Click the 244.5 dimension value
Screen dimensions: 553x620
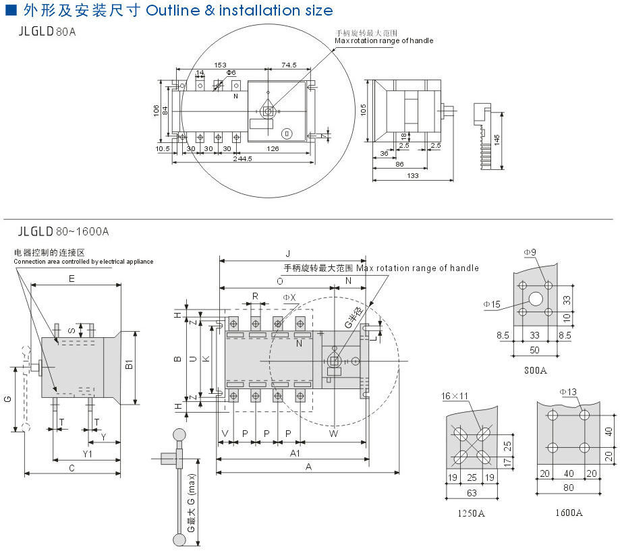coord(242,159)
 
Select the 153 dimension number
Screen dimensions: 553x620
coord(220,65)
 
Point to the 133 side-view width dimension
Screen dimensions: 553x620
coord(413,176)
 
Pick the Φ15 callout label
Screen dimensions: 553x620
coord(491,305)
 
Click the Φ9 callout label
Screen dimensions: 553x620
coord(530,252)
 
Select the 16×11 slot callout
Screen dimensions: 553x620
coord(455,395)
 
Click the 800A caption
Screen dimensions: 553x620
coord(535,370)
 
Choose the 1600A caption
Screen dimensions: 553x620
coord(569,513)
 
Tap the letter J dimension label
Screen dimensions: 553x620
coord(287,254)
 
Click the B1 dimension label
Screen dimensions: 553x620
coord(129,368)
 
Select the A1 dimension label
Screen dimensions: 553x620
coord(295,453)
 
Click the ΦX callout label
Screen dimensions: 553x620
coord(289,297)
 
